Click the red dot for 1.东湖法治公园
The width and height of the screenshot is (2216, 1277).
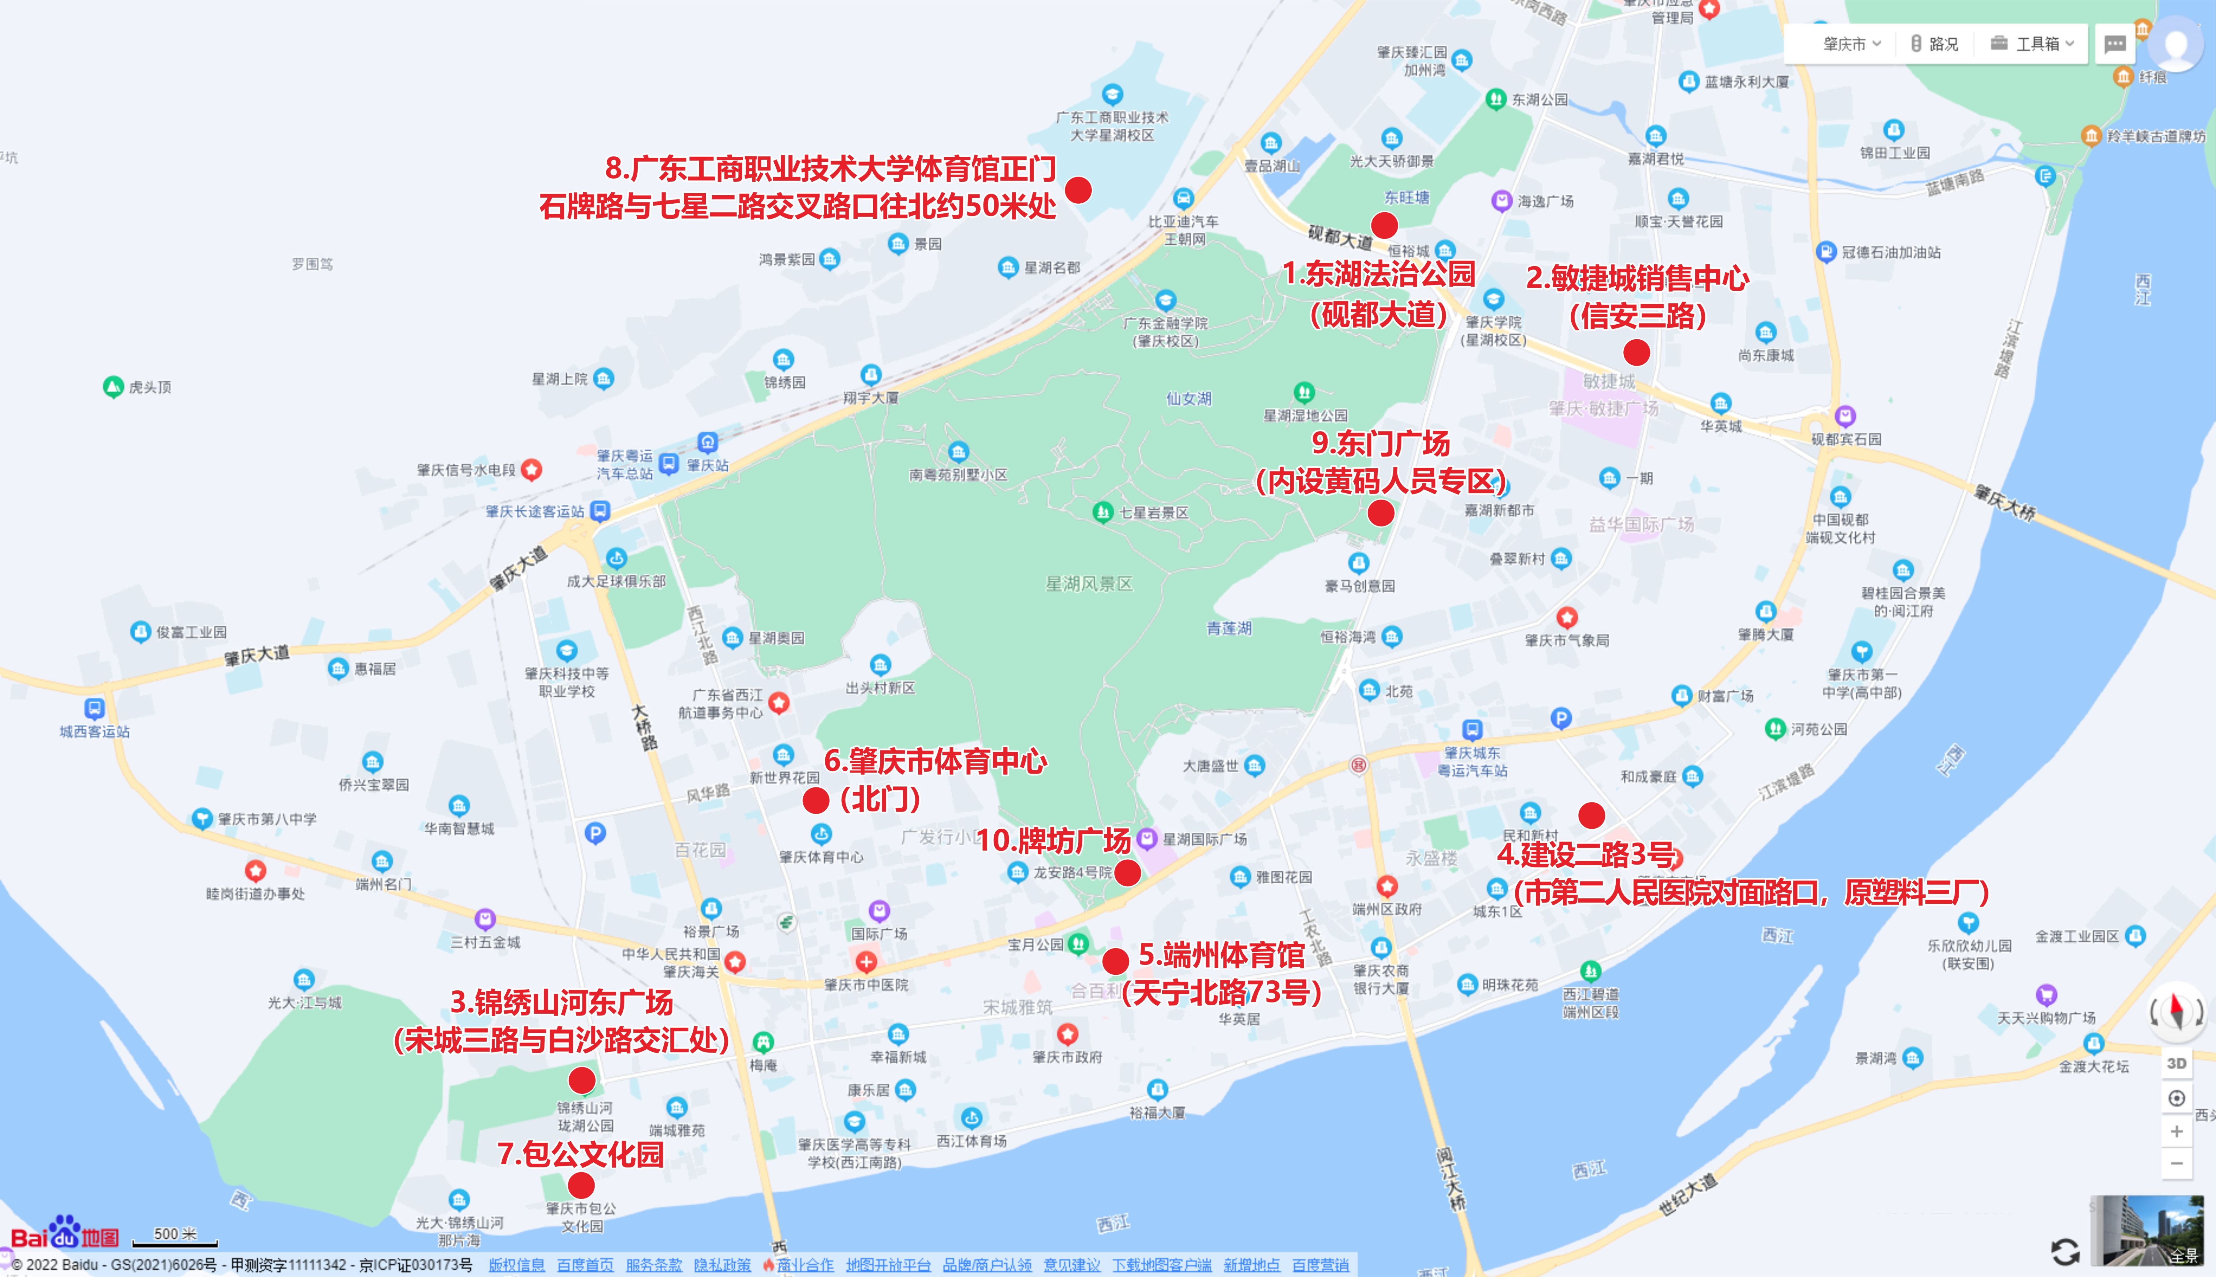tap(1384, 225)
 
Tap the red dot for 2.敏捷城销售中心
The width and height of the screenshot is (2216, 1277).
tap(1636, 352)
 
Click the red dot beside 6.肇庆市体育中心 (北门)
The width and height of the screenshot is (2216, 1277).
tap(816, 800)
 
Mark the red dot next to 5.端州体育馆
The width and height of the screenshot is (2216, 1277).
tap(1115, 960)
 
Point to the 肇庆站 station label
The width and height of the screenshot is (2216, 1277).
tap(707, 465)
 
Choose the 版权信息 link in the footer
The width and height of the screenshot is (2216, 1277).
tap(517, 1265)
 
